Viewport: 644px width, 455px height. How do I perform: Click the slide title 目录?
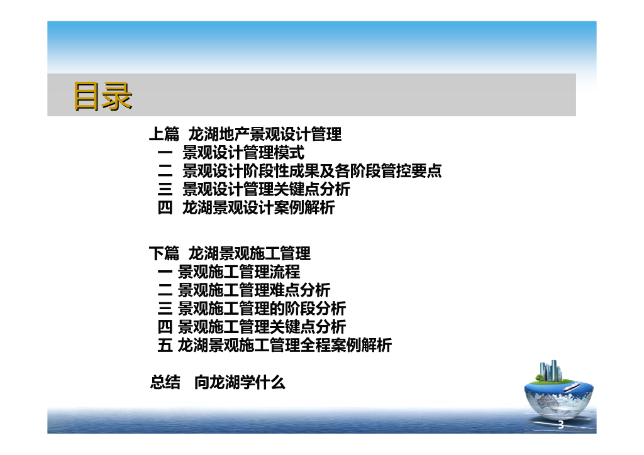point(103,96)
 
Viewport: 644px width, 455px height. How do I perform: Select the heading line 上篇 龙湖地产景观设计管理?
point(245,134)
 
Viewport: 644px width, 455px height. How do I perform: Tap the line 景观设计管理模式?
point(243,153)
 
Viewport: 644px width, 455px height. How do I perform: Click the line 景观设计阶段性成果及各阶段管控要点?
point(312,171)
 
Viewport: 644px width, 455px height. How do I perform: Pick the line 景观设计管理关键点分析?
point(266,189)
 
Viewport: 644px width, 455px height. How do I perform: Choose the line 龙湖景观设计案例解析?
point(258,208)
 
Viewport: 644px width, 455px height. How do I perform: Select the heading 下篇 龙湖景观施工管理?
point(230,254)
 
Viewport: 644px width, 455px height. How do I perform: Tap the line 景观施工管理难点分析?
point(254,290)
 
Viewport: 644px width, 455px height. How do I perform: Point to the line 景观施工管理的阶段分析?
point(262,309)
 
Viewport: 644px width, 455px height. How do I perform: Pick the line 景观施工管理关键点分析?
point(262,327)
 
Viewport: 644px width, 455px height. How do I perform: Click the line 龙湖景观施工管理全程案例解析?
point(285,345)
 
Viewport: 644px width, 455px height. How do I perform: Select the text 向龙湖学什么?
point(240,382)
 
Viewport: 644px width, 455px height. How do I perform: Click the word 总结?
point(165,382)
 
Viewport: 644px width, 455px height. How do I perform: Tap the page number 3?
point(561,425)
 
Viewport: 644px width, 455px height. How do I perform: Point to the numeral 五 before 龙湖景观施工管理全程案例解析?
point(165,345)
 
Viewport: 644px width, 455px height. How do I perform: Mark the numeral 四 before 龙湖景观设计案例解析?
point(165,208)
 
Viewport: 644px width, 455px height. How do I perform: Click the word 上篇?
point(164,134)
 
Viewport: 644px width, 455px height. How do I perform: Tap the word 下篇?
point(164,254)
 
